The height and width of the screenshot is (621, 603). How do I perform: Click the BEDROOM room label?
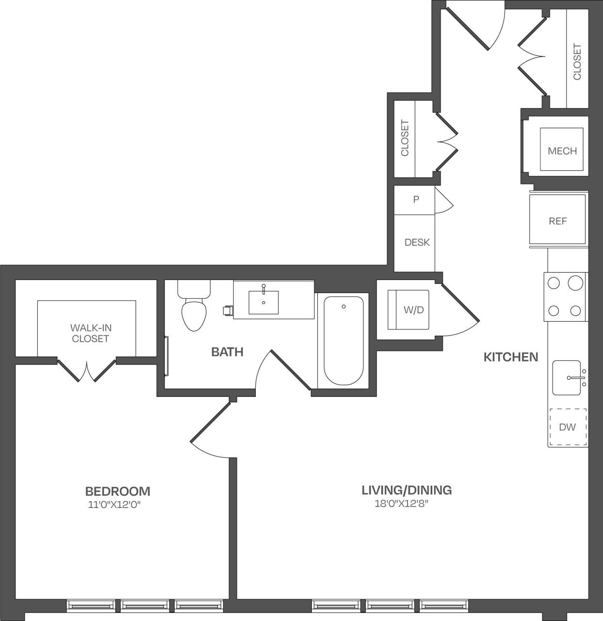click(117, 491)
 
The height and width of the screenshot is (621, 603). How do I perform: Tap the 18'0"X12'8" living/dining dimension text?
click(401, 504)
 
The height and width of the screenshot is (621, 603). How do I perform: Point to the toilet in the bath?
click(194, 310)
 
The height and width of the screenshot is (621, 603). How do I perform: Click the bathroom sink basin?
click(263, 302)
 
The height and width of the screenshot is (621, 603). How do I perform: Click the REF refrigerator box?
click(557, 221)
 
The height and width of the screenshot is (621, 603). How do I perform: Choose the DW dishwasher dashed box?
click(568, 427)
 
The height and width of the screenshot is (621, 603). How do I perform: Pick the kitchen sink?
click(567, 378)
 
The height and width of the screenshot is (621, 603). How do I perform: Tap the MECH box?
click(562, 150)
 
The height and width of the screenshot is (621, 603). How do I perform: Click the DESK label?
click(417, 242)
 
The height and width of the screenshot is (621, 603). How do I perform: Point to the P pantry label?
click(416, 199)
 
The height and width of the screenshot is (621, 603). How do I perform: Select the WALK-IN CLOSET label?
click(91, 333)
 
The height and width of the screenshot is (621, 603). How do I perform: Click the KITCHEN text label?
click(511, 357)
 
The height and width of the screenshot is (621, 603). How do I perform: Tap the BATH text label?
click(227, 352)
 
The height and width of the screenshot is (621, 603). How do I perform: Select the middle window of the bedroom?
click(145, 605)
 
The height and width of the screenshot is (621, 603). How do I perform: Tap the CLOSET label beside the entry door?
click(577, 62)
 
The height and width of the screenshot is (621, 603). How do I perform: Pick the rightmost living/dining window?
click(443, 605)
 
